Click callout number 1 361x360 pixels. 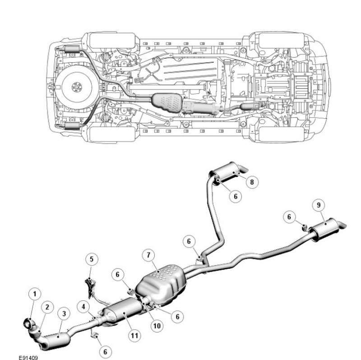pos(34,294)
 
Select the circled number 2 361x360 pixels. pos(47,307)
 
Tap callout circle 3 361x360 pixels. pos(63,313)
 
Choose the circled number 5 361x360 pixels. pos(92,259)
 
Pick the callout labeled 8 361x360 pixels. pos(252,182)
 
